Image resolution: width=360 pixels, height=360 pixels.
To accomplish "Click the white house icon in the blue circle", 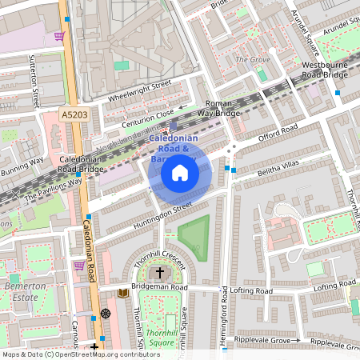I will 180,172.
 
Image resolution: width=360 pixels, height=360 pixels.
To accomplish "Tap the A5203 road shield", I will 74,116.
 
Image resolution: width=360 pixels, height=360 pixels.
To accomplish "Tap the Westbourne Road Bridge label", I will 324,70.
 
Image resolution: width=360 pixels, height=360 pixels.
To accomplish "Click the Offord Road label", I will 278,133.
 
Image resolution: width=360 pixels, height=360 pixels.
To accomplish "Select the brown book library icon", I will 122,294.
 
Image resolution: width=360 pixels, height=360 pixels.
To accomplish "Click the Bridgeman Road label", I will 160,287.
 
